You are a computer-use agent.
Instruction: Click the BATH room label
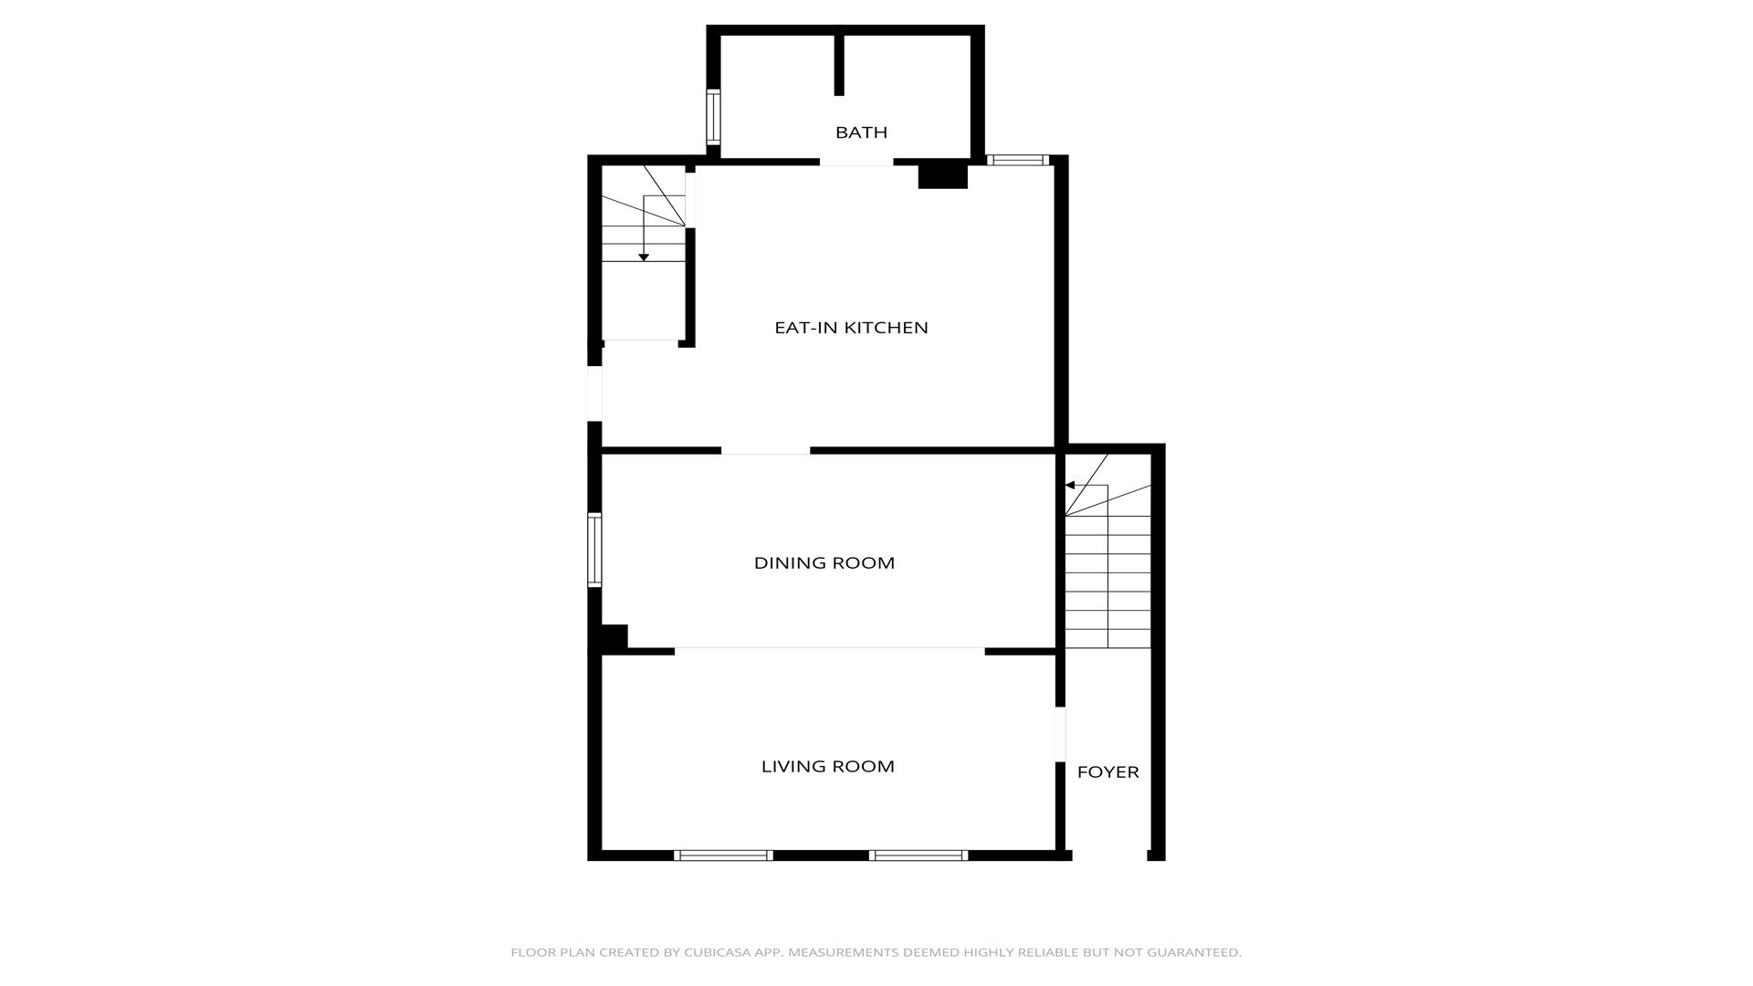point(861,132)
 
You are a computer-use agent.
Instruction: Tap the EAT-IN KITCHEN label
point(851,328)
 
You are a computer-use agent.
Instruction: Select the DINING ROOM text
point(824,563)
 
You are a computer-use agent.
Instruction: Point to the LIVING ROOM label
point(827,767)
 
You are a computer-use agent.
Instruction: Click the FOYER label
point(1107,772)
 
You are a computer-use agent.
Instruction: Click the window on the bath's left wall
point(713,118)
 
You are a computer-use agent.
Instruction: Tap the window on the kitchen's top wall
point(1018,161)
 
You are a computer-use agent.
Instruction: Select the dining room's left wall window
point(594,550)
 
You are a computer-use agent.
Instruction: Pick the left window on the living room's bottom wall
point(723,855)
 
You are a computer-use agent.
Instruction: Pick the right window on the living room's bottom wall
point(918,855)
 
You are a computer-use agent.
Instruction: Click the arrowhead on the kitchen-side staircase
point(644,257)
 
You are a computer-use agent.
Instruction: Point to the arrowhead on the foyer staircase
point(1070,486)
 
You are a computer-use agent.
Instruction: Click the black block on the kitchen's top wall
point(942,174)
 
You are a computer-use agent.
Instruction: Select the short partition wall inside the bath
point(839,64)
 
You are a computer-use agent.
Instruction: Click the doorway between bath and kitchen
point(856,162)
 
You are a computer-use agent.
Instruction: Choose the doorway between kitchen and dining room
point(765,450)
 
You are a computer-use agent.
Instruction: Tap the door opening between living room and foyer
point(1060,734)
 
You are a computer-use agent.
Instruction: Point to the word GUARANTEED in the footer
point(1194,952)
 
